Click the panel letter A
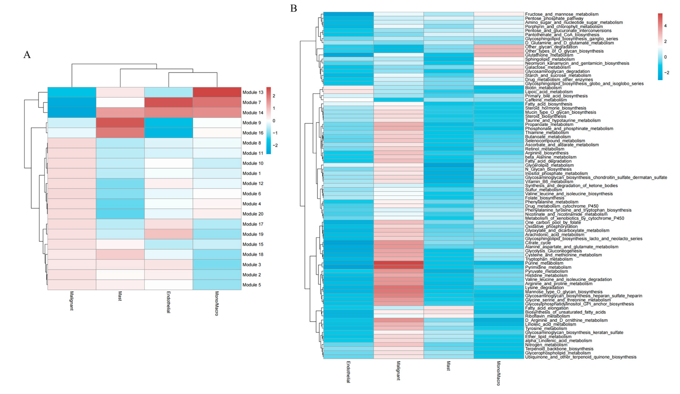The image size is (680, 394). [x=27, y=55]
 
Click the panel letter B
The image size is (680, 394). [x=294, y=9]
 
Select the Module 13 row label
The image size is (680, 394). [x=253, y=92]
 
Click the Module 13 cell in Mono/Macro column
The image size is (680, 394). [x=217, y=92]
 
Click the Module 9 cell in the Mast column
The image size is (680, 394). [x=120, y=123]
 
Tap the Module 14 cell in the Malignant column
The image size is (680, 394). [x=72, y=113]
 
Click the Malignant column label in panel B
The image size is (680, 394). [x=398, y=370]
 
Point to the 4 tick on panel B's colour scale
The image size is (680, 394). [x=665, y=26]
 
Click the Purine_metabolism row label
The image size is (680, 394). [x=544, y=263]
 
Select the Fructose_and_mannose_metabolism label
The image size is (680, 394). [x=562, y=14]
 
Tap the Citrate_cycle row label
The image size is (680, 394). [x=538, y=243]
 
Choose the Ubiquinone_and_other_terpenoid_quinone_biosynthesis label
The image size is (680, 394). [x=580, y=357]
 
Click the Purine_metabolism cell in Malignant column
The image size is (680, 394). [x=398, y=263]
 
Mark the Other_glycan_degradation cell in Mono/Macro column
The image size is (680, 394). [x=499, y=47]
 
